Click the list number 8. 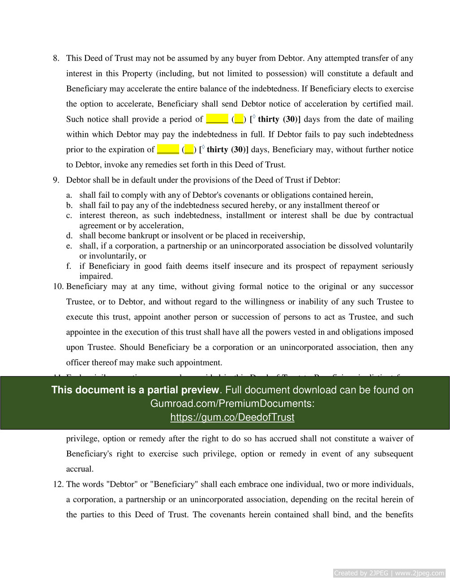click(x=56, y=58)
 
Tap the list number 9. click(x=56, y=180)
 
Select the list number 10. click(x=58, y=286)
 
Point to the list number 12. click(x=58, y=484)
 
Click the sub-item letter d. click(x=69, y=236)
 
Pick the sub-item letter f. click(x=69, y=266)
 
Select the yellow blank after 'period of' click(x=217, y=119)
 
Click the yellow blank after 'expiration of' click(x=168, y=149)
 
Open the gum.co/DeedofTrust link click(x=232, y=417)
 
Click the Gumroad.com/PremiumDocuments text click(x=232, y=404)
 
